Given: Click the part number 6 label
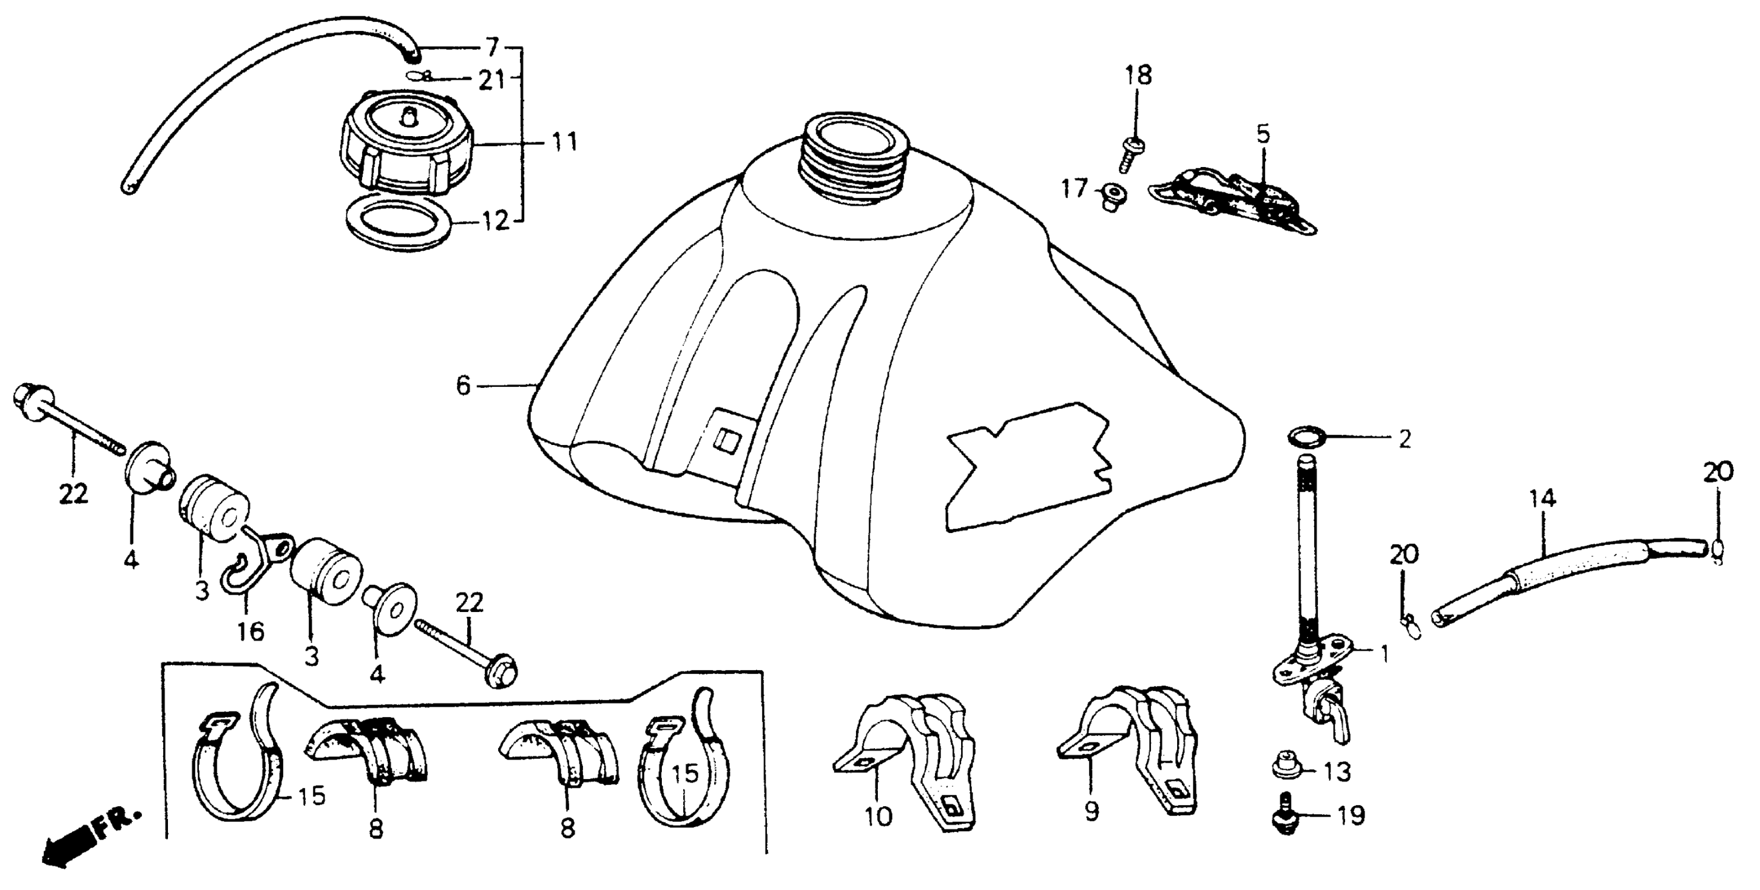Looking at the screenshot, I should pos(463,386).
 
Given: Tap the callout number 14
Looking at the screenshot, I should pos(1543,499).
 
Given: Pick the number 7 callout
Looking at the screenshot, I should pos(492,48).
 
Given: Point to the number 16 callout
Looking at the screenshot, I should pos(251,631).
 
